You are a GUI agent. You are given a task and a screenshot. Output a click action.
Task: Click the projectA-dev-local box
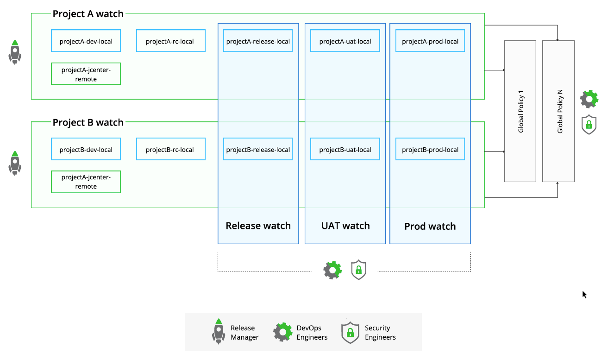86,41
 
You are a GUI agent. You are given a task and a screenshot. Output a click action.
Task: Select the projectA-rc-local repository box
170,41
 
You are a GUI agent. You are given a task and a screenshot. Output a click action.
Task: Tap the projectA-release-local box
258,41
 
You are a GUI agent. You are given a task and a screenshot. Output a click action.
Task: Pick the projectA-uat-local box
345,41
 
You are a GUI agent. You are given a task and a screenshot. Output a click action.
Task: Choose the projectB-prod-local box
430,150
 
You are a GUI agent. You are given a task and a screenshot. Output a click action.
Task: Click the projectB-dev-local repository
86,150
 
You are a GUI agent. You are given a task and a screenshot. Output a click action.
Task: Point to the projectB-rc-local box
170,150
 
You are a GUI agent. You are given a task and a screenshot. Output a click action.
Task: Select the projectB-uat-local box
345,150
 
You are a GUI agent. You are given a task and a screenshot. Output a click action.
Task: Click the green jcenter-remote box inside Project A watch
86,74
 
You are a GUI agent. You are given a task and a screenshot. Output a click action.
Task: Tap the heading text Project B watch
88,122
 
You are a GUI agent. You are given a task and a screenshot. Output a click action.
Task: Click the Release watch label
258,226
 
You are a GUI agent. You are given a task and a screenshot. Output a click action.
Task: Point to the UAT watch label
345,226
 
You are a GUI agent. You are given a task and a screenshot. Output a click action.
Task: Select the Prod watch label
430,226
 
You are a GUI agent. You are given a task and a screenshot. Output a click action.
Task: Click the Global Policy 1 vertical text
520,111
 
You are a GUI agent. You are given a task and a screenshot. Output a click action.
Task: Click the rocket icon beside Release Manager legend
219,331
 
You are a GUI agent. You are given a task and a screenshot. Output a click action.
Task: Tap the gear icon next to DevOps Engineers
282,332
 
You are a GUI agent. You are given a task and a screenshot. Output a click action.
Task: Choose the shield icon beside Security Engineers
350,332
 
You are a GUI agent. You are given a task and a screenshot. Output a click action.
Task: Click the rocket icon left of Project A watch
15,52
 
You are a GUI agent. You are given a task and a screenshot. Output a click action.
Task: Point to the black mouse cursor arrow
584,294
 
